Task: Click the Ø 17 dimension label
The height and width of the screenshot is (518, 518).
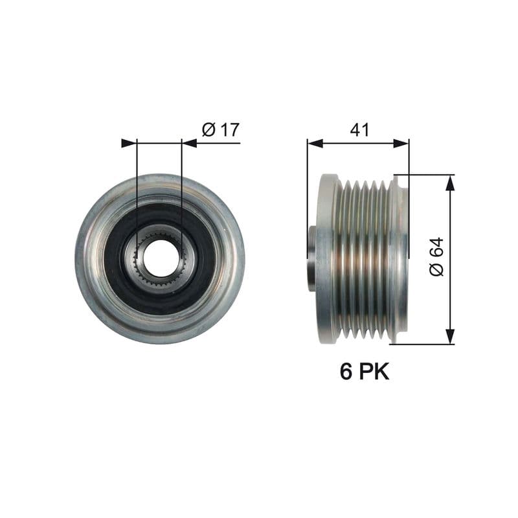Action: coord(221,129)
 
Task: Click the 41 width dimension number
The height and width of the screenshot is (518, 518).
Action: coord(359,129)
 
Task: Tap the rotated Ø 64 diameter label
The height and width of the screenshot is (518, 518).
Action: coord(436,258)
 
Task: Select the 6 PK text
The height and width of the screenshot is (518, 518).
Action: coord(365,372)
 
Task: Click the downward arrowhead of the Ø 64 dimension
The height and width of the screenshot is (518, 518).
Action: coord(450,336)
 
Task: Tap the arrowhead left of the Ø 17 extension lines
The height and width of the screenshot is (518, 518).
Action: coord(129,143)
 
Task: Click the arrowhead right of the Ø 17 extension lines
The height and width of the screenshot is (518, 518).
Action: coord(190,143)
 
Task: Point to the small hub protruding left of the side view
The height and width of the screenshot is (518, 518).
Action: coord(311,258)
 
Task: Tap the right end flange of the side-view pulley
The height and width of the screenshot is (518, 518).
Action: coord(401,259)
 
